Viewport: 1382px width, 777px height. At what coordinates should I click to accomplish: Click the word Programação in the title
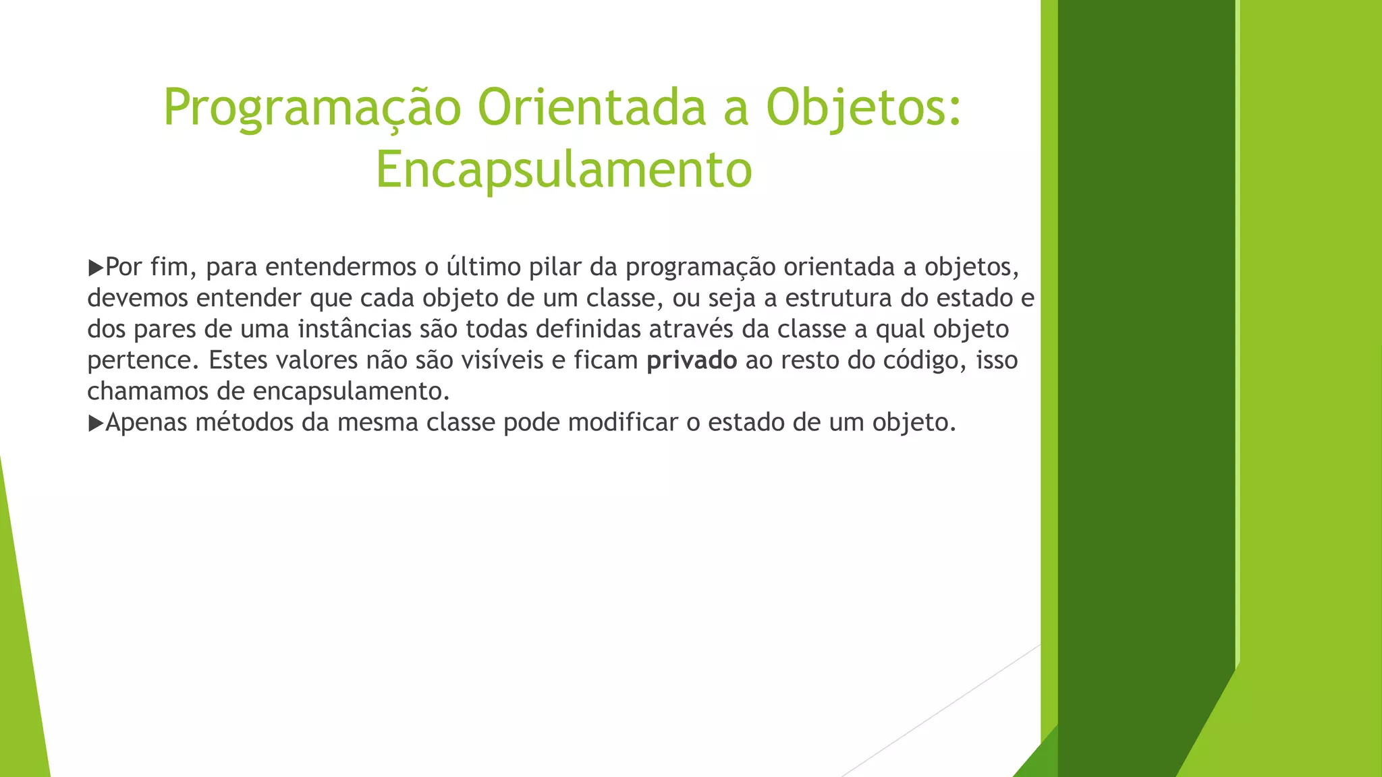click(312, 108)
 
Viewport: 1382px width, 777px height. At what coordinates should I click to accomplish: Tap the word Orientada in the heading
click(592, 108)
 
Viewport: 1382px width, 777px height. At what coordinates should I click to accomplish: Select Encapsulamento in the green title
click(563, 169)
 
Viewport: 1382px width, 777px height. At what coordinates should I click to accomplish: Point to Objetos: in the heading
click(863, 108)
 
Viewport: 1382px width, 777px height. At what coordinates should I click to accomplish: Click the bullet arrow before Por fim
click(95, 268)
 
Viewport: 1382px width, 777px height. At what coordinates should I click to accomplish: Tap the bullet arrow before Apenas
click(95, 423)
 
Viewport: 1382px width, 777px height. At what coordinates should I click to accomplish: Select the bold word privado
click(691, 361)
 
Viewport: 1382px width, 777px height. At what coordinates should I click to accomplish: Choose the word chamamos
click(148, 391)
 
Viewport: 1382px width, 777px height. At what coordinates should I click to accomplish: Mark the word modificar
click(623, 422)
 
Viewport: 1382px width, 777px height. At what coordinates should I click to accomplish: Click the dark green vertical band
click(1145, 337)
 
